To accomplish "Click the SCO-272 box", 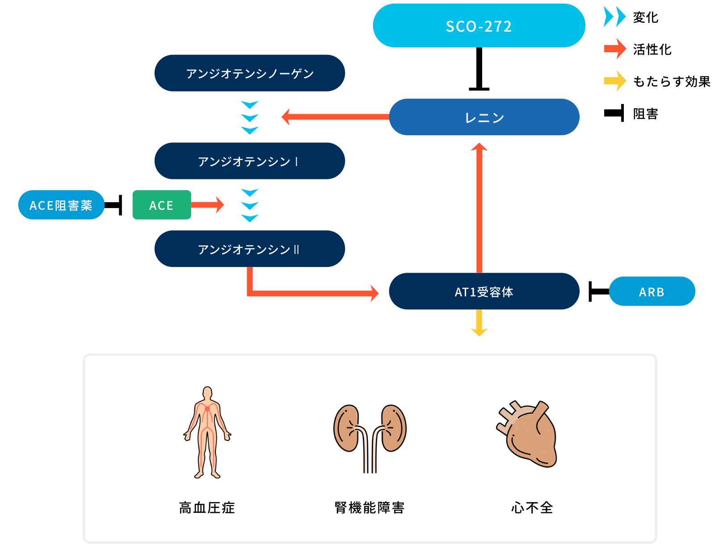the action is pos(479,25).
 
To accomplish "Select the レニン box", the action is pos(484,117).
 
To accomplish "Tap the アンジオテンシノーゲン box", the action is pos(250,73).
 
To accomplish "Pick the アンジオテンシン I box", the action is pos(250,161).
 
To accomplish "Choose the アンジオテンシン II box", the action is pos(250,249).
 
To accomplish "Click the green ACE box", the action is pos(162,205).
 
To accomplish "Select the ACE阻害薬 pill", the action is pos(61,205).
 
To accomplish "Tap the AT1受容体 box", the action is pos(484,291).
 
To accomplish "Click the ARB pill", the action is pos(652,291).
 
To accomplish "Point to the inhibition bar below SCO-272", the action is pos(479,69).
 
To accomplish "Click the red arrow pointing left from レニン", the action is pos(335,117).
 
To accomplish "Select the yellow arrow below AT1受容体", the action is pos(479,323).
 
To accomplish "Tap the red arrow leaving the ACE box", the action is pos(208,205).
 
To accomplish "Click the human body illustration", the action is pos(207,433).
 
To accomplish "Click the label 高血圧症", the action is pos(207,508).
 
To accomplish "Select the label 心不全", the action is pos(532,508).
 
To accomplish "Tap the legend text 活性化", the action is pos(652,49).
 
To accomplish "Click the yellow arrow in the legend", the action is pos(615,81).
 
